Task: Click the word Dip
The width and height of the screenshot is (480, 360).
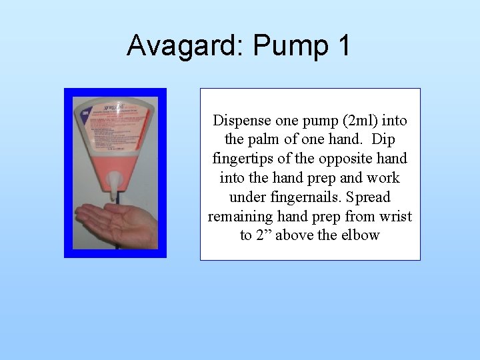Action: point(384,141)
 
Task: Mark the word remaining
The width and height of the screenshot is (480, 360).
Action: point(241,217)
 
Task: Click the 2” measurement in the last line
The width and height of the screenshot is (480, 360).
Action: point(264,235)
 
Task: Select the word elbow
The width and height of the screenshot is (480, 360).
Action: point(361,235)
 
